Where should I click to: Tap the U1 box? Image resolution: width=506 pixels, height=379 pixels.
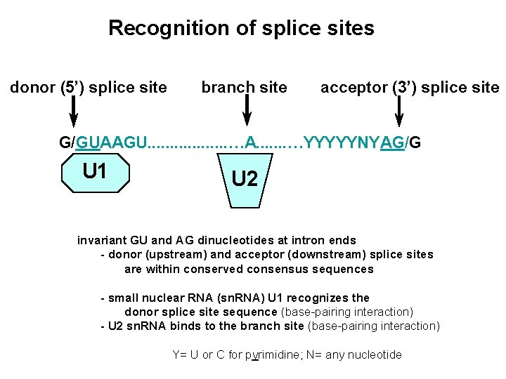(x=95, y=173)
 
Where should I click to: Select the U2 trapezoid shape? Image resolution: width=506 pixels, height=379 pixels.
(x=245, y=180)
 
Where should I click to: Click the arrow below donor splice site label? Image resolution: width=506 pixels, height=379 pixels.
(x=73, y=112)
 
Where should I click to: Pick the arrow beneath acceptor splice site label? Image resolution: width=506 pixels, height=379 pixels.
(x=399, y=112)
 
